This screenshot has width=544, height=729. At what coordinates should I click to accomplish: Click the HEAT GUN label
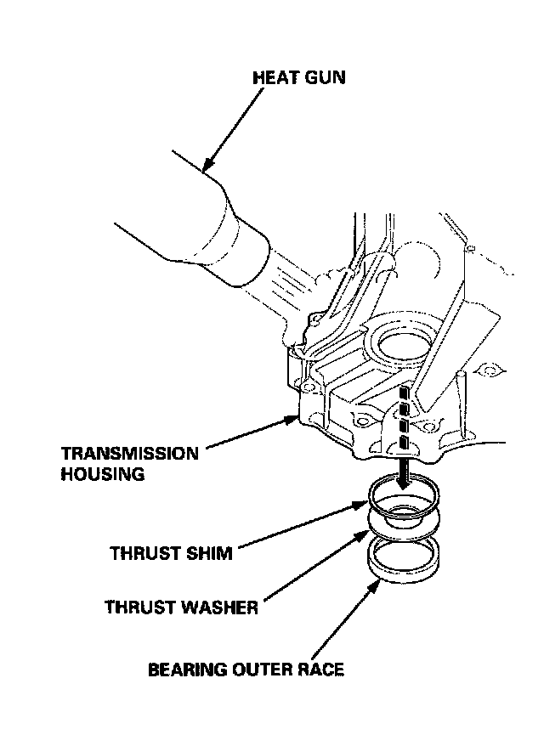point(300,77)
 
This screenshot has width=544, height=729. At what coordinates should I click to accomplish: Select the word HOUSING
point(102,474)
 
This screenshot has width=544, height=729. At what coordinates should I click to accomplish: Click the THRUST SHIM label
point(171,553)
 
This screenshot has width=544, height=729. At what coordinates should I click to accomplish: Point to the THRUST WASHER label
point(182,607)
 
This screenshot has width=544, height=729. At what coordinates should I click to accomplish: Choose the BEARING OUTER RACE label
point(246,670)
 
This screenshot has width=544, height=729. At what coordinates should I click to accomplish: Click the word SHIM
point(208,553)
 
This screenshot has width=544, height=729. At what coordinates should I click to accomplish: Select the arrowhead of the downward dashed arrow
point(405,482)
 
